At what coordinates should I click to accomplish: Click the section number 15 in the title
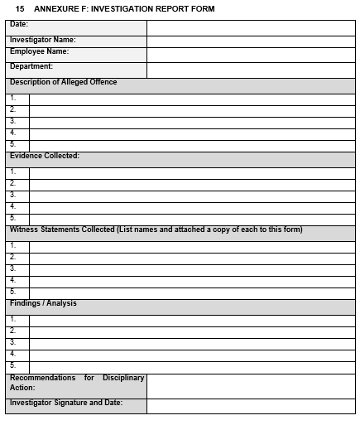(20, 9)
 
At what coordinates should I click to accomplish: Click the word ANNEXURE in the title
(55, 9)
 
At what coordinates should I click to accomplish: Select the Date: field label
(19, 25)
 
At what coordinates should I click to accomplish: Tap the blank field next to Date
(251, 27)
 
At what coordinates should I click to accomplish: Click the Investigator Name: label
(43, 39)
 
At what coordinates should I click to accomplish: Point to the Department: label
(31, 66)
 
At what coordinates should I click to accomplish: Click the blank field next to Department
(251, 70)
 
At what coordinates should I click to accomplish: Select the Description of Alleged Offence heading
(64, 82)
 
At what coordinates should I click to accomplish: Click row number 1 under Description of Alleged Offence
(13, 99)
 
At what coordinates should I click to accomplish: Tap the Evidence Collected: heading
(45, 156)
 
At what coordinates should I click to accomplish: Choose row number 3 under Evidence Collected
(13, 196)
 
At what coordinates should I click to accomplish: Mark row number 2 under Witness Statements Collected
(13, 258)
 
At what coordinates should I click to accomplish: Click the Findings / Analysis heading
(43, 303)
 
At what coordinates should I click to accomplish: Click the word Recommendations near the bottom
(41, 378)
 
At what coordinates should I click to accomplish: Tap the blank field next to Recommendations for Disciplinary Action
(251, 385)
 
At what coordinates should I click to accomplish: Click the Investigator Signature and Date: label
(66, 403)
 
